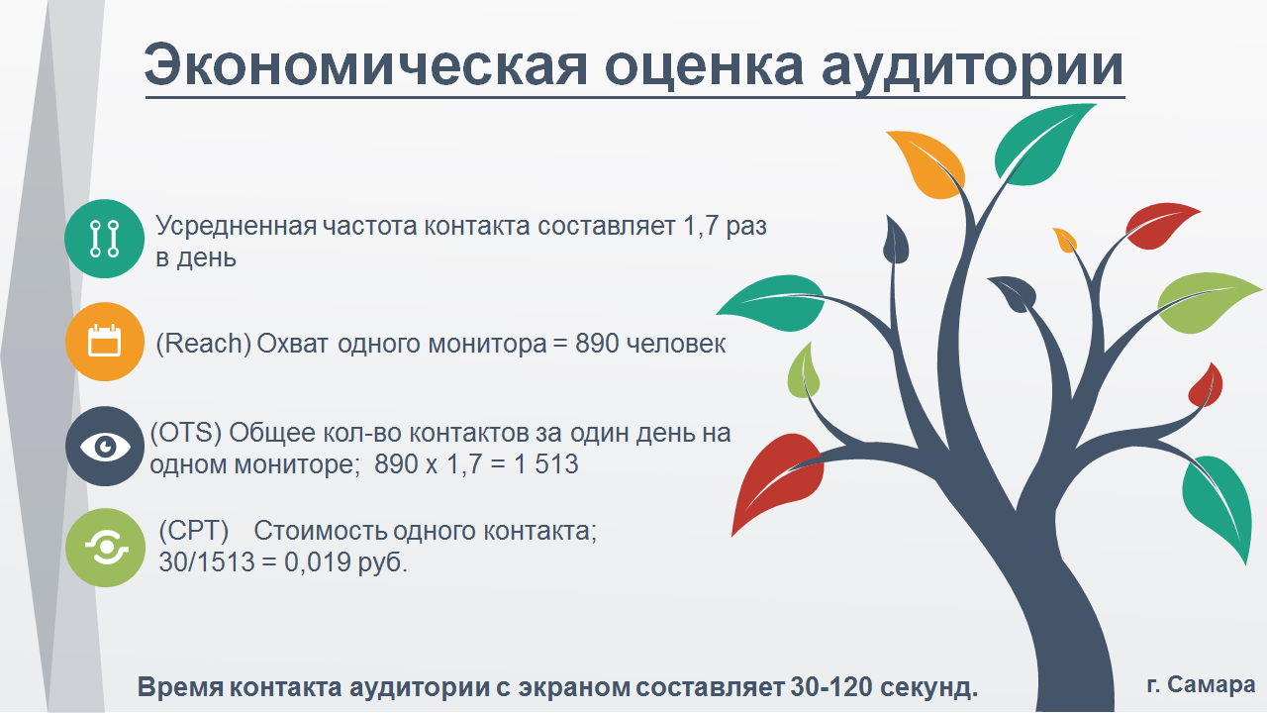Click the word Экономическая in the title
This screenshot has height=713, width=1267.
pyautogui.click(x=366, y=65)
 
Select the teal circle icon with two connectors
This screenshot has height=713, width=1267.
pyautogui.click(x=105, y=239)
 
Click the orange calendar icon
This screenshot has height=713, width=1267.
pyautogui.click(x=105, y=342)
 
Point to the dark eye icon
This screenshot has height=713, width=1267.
pyautogui.click(x=105, y=446)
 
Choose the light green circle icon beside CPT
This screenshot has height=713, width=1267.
pyautogui.click(x=106, y=548)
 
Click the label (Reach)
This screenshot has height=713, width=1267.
pyautogui.click(x=203, y=344)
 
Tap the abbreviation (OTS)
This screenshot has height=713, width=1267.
pyautogui.click(x=185, y=433)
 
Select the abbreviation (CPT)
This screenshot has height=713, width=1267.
pyautogui.click(x=193, y=531)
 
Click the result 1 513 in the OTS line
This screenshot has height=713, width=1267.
pyautogui.click(x=546, y=464)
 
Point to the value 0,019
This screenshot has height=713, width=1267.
pyautogui.click(x=318, y=562)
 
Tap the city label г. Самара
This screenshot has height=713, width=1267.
pyautogui.click(x=1202, y=684)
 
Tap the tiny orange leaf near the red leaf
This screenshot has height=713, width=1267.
pyautogui.click(x=1065, y=240)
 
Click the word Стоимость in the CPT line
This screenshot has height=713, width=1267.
pyautogui.click(x=319, y=531)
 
